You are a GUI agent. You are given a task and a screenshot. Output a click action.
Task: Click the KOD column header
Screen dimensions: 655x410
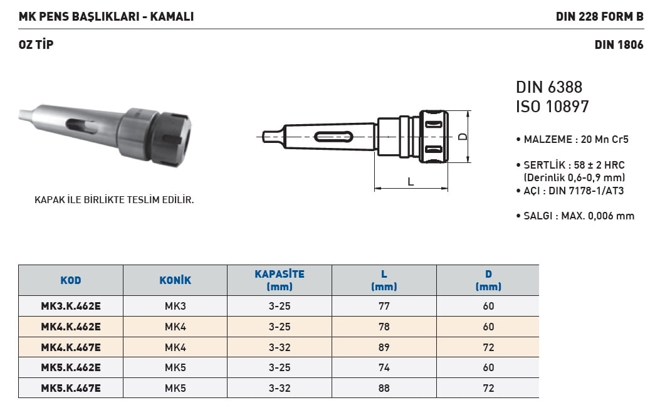(x=71, y=280)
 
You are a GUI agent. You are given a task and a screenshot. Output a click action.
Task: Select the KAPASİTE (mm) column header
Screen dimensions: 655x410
(x=280, y=280)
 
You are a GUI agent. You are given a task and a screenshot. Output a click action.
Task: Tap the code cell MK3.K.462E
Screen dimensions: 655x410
(x=71, y=306)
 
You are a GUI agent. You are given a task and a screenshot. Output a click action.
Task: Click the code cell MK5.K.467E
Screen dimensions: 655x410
(x=71, y=388)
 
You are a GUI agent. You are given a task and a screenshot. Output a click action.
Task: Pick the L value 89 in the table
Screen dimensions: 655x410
(x=384, y=347)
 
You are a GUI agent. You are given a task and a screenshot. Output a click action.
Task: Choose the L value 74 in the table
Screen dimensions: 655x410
(x=384, y=367)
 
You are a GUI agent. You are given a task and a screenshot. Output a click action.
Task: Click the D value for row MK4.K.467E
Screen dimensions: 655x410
(x=488, y=347)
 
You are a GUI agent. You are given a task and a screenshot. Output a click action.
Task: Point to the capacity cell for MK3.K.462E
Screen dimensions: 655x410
(x=280, y=306)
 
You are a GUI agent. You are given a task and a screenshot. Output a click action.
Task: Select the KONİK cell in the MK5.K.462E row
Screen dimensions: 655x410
(x=175, y=367)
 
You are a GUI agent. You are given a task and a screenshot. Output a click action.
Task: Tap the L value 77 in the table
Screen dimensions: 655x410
(x=384, y=306)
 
